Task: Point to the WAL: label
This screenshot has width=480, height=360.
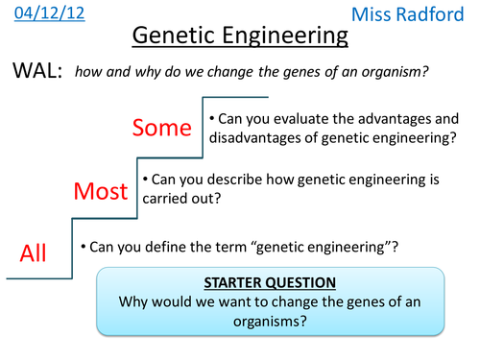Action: [x=36, y=72]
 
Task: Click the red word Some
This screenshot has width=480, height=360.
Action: [x=163, y=127]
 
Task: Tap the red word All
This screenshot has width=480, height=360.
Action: [x=34, y=252]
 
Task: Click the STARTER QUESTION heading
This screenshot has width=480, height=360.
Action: [x=270, y=283]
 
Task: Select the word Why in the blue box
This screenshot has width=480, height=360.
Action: [x=134, y=301]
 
